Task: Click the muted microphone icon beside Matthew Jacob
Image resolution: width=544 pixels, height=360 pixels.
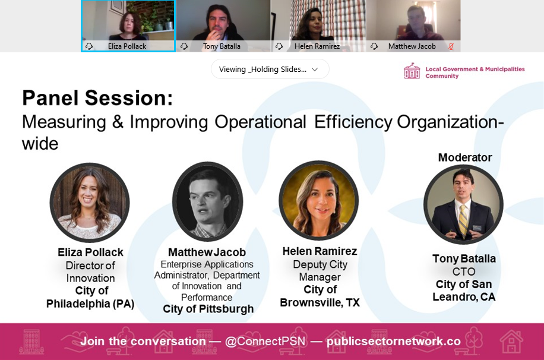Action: coord(451,46)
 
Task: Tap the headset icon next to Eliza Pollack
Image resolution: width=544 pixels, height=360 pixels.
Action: coord(89,46)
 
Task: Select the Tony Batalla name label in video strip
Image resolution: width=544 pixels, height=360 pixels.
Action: coord(222,46)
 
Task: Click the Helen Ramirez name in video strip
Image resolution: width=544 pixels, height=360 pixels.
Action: coord(317,46)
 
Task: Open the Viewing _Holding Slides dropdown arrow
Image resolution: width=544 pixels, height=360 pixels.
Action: coord(315,70)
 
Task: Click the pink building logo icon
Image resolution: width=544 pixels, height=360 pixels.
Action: coord(412,71)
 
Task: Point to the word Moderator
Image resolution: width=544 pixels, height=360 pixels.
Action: coord(465,157)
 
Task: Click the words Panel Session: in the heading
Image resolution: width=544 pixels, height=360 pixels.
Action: coord(97,98)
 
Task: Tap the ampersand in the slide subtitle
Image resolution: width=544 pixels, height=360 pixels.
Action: coord(118,122)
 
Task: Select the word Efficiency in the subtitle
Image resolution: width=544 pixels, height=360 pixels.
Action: coord(353,122)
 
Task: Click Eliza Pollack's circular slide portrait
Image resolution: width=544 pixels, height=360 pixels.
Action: coord(90,203)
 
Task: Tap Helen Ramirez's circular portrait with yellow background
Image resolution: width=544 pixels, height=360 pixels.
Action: coord(319,200)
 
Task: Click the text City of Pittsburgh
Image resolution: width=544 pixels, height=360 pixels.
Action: coord(208,309)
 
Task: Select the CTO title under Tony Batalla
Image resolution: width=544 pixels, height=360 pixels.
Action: coord(464,271)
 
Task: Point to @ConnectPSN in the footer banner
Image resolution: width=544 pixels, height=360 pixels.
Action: coord(265,341)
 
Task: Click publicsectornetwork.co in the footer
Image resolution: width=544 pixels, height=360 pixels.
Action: coord(393,342)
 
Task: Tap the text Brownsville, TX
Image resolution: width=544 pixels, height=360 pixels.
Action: coord(320,303)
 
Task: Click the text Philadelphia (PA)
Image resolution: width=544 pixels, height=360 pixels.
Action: coord(90,304)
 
